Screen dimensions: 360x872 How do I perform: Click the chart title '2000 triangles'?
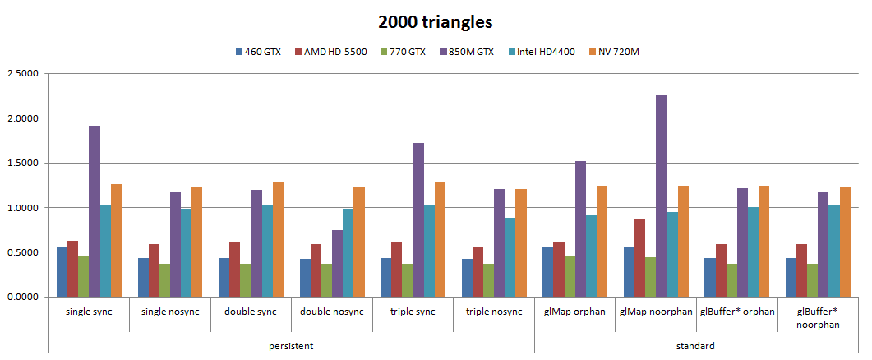(436, 22)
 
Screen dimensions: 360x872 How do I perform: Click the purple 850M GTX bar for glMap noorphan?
(661, 196)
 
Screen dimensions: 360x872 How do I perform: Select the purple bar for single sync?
(94, 211)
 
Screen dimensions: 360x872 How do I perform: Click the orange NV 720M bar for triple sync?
(439, 239)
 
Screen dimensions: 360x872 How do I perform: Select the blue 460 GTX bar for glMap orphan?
(547, 271)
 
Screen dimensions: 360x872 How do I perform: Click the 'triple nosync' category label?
(493, 312)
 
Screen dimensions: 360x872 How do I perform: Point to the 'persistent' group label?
(291, 346)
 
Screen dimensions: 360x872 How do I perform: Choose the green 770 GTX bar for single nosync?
(164, 280)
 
